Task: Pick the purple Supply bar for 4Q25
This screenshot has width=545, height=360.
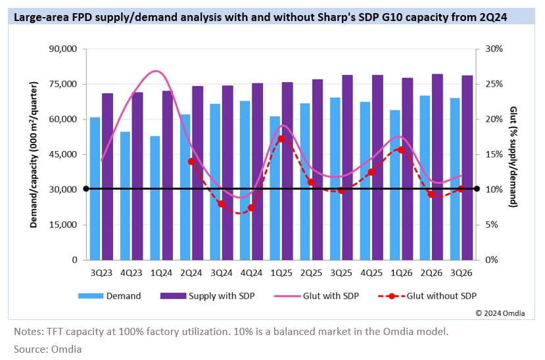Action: click(x=377, y=167)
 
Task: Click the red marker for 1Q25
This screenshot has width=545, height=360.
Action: click(x=281, y=139)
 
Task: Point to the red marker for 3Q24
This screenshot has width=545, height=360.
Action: click(x=222, y=204)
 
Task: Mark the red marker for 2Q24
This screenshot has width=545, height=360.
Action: click(x=191, y=161)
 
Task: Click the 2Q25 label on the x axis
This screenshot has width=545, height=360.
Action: click(x=311, y=272)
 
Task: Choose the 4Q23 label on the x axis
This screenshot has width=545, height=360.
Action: click(x=131, y=272)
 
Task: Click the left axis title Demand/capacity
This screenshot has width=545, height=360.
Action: click(x=33, y=154)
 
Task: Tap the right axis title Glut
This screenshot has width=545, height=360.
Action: click(x=513, y=154)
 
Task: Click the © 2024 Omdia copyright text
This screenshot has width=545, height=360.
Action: click(x=500, y=313)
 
